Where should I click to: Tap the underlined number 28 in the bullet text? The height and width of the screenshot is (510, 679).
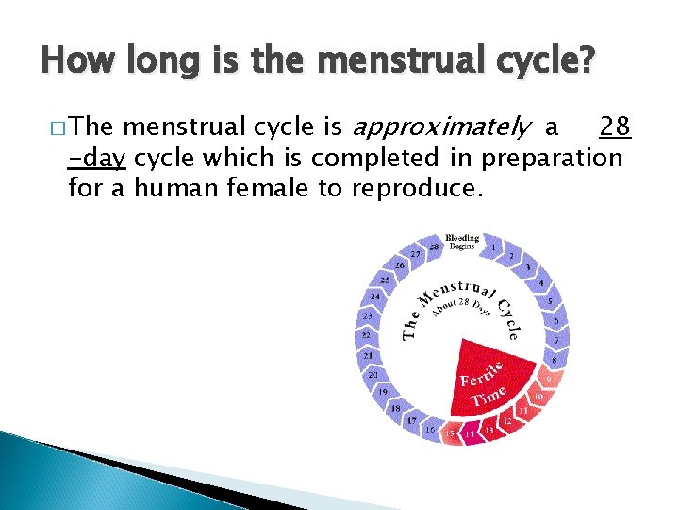coord(615,127)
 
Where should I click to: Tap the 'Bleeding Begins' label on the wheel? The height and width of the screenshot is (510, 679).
coord(462,242)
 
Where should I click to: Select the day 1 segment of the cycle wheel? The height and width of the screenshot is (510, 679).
coord(493,247)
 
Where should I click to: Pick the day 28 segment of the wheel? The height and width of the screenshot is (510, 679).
coord(433,246)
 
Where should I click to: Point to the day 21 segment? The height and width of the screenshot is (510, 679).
coord(369,355)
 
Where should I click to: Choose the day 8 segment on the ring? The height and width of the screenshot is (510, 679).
coord(555,360)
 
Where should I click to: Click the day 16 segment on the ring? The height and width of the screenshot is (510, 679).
coord(430,429)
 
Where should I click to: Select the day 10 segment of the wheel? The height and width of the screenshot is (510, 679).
coord(538,398)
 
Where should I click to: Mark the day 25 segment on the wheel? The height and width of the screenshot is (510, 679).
coord(385,280)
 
